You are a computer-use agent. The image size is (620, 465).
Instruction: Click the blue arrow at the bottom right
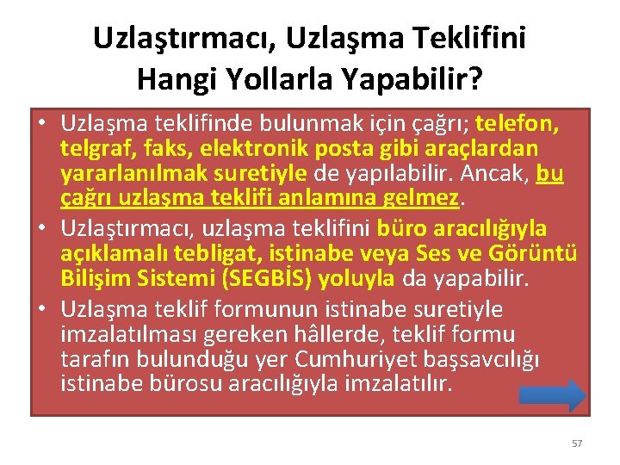(x=553, y=395)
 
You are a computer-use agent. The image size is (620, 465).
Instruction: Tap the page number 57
(x=577, y=443)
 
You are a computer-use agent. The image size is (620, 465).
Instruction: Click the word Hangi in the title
(x=177, y=79)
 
